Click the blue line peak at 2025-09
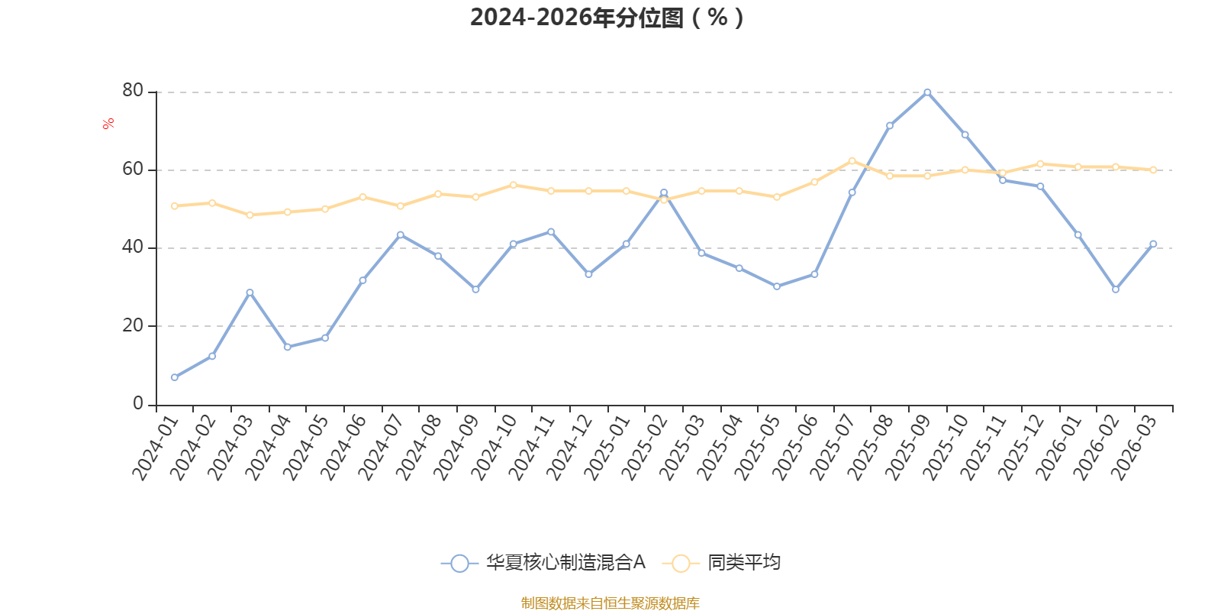927,92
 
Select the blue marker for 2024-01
175,377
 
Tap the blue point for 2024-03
250,293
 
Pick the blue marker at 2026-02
1115,289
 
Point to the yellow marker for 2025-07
852,161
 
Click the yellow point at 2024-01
175,206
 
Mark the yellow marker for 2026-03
1153,170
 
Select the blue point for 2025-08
890,126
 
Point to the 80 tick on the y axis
133,91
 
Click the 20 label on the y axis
133,325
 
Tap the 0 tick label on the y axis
138,404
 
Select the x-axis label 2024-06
343,448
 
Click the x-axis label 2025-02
644,448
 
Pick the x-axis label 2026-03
1133,448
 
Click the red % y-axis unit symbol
108,123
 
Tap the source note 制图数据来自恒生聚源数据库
610,603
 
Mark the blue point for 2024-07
401,235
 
